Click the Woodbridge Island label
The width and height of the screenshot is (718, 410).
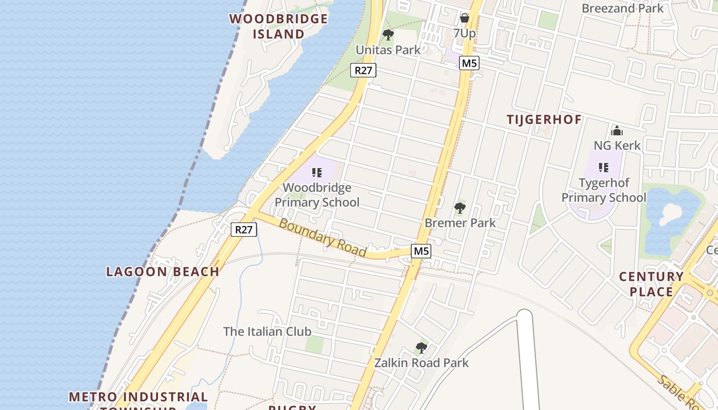[278, 26]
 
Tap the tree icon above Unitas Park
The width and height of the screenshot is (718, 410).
[388, 35]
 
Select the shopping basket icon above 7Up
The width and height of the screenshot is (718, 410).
[465, 18]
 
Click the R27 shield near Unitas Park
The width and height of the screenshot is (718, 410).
[363, 70]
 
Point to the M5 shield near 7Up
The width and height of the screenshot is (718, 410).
[469, 63]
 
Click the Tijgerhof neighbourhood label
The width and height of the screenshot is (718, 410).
[544, 120]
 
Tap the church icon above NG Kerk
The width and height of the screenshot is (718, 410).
[617, 131]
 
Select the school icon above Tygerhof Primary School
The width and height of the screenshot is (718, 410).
[604, 167]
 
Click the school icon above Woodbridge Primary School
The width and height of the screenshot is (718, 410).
[317, 172]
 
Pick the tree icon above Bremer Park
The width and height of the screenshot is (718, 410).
[460, 208]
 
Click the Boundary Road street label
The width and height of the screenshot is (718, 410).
[323, 238]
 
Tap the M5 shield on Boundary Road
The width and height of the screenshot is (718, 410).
[421, 251]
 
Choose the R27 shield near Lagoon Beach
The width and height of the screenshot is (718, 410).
[244, 230]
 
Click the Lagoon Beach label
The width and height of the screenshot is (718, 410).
[163, 272]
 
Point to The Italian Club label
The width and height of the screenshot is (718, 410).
[267, 332]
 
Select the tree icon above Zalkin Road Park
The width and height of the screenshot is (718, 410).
[421, 348]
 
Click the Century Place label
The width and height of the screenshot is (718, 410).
[651, 284]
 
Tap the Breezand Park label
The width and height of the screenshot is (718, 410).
[623, 8]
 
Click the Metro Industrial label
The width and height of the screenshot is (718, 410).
[138, 397]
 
